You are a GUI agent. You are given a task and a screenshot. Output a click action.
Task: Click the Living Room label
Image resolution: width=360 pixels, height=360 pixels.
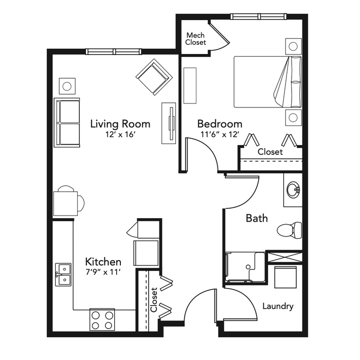pyautogui.click(x=120, y=124)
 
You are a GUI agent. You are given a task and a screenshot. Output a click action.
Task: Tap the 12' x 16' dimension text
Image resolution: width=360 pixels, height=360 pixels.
pyautogui.click(x=119, y=135)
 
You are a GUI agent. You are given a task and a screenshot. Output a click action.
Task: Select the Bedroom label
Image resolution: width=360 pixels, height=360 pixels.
pyautogui.click(x=220, y=124)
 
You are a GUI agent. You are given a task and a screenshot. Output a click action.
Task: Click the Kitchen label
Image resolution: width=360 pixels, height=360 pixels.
pyautogui.click(x=103, y=262)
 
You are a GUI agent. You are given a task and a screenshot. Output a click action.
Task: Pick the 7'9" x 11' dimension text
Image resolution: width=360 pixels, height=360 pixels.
pyautogui.click(x=103, y=272)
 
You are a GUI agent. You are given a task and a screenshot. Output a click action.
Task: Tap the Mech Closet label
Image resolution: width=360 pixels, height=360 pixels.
pyautogui.click(x=195, y=39)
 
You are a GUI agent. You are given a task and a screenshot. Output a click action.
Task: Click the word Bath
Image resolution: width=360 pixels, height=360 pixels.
pyautogui.click(x=257, y=218)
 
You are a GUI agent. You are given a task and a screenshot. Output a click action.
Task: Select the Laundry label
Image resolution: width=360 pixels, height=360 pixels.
pyautogui.click(x=278, y=307)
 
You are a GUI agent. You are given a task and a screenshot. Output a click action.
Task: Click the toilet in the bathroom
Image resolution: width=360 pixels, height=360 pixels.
pyautogui.click(x=290, y=230)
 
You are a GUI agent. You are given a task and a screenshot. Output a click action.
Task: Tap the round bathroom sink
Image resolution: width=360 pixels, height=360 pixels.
pyautogui.click(x=293, y=190)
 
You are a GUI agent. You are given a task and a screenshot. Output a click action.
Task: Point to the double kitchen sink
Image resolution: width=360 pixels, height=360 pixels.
pyautogui.click(x=63, y=275)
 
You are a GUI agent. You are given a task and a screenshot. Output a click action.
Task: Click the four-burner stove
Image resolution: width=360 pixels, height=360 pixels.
pyautogui.click(x=102, y=319)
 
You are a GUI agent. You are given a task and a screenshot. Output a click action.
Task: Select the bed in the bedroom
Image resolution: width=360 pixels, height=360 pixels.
pyautogui.click(x=268, y=82)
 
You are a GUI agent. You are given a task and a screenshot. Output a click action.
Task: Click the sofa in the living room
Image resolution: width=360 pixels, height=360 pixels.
pyautogui.click(x=67, y=122)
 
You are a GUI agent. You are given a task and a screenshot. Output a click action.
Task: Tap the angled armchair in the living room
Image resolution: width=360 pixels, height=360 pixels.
pyautogui.click(x=154, y=77)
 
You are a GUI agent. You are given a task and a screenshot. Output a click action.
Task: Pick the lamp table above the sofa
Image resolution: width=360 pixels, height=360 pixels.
pyautogui.click(x=67, y=86)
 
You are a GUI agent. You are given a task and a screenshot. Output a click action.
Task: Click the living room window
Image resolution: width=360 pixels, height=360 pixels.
pyautogui.click(x=114, y=51)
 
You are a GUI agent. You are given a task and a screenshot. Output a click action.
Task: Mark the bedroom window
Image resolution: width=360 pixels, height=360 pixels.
pyautogui.click(x=259, y=16)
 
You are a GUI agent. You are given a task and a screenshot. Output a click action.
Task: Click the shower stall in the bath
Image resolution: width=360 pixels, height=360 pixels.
pyautogui.click(x=245, y=267)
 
